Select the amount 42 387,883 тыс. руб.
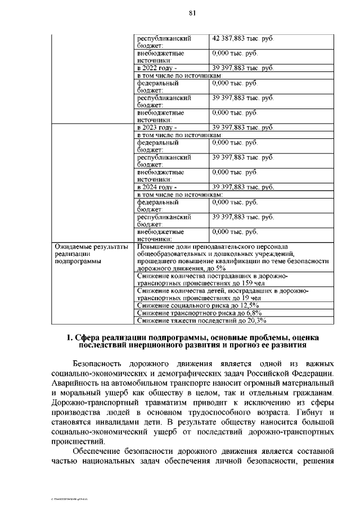coord(242,39)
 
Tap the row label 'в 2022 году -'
coord(153,69)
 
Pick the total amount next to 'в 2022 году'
coord(242,69)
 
